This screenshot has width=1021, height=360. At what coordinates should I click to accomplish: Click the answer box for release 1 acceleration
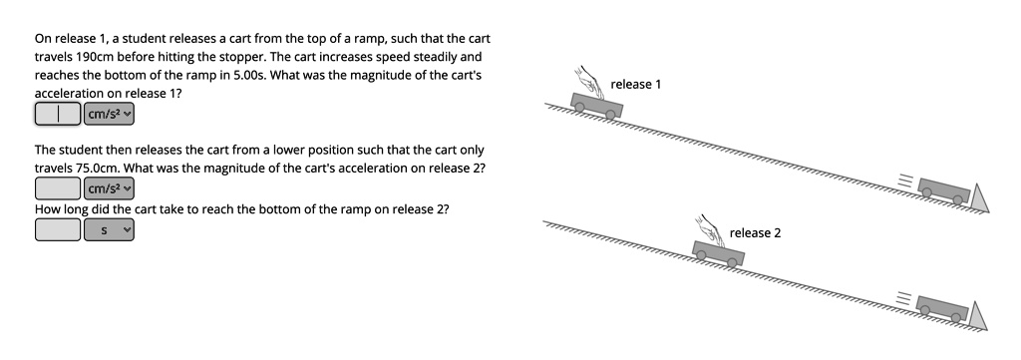click(59, 114)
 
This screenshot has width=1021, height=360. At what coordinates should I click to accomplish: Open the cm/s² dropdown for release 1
click(109, 114)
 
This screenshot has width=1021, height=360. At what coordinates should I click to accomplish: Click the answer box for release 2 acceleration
click(59, 187)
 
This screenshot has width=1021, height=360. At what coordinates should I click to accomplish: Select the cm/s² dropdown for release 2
click(109, 187)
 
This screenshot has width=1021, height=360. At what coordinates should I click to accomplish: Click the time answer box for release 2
click(59, 229)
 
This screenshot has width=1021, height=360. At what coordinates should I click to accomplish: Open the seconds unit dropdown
click(109, 229)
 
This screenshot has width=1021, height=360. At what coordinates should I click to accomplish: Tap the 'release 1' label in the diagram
click(635, 84)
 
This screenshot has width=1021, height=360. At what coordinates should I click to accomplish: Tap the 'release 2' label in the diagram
click(755, 232)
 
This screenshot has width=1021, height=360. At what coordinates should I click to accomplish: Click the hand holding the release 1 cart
click(589, 80)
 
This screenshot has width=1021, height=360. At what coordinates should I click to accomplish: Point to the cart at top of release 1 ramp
click(596, 105)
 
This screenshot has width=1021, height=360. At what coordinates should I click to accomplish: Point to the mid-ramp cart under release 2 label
click(718, 252)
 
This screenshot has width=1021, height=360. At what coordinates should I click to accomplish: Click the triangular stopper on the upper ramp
click(981, 198)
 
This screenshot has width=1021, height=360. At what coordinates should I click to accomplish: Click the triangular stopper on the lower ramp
click(979, 316)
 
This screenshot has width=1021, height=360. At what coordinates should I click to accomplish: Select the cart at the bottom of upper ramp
click(943, 189)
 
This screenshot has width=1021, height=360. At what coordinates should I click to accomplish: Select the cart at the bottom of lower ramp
click(942, 308)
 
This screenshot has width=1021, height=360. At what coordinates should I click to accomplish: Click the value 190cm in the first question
click(96, 57)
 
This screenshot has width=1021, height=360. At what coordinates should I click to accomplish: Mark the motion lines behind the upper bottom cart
click(904, 180)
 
